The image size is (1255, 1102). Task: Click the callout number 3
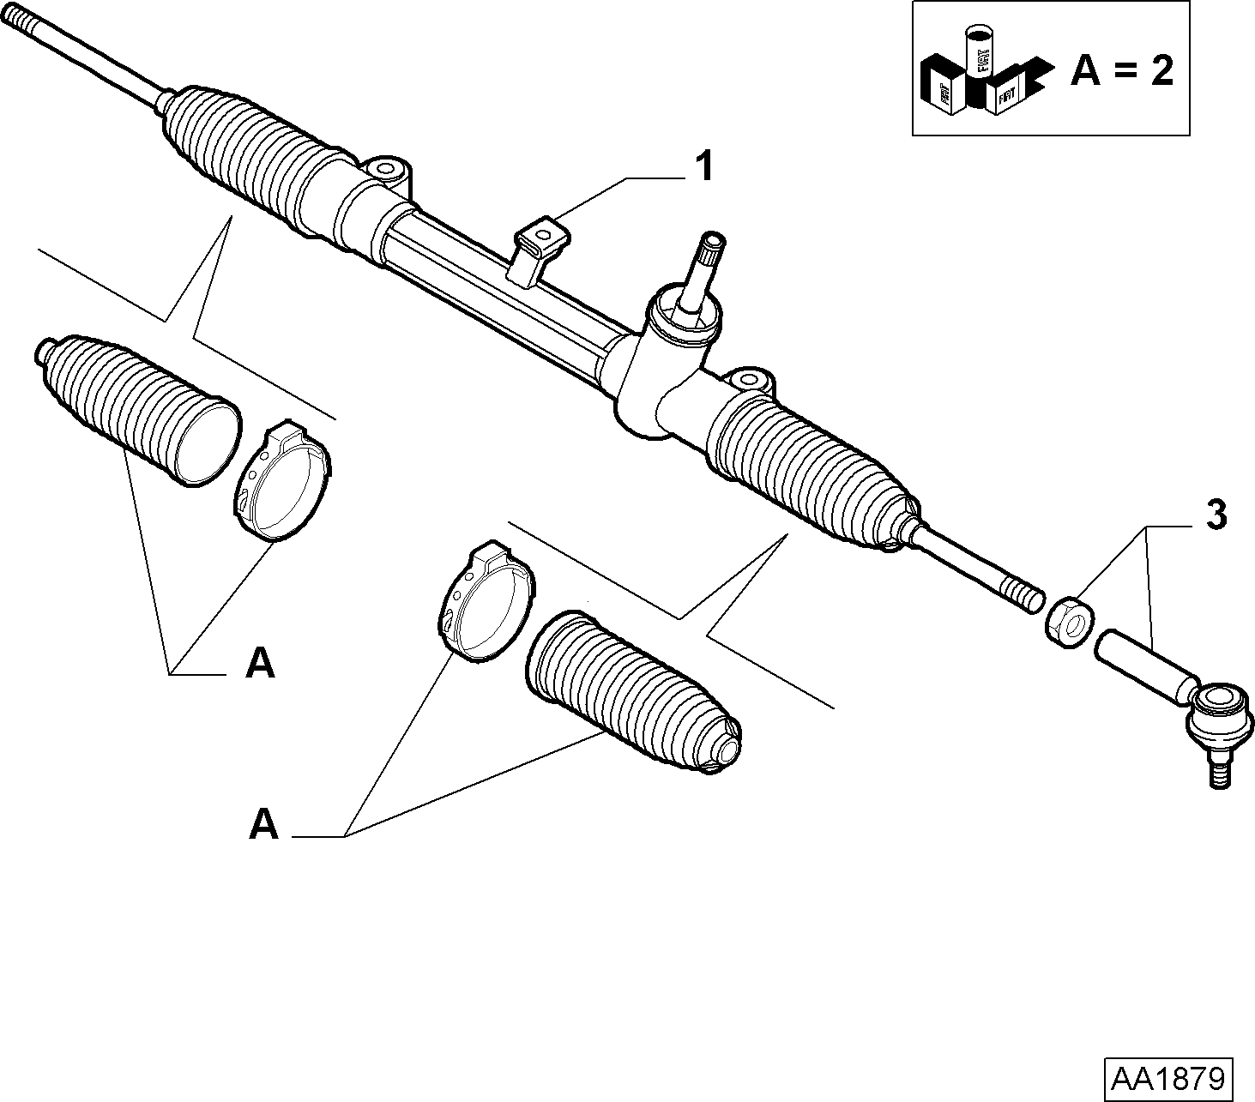1216,515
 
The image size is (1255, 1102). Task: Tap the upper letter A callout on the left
260,663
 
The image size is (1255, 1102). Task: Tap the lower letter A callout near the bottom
264,824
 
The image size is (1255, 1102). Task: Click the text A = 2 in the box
1122,71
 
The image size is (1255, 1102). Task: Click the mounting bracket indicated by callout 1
540,245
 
